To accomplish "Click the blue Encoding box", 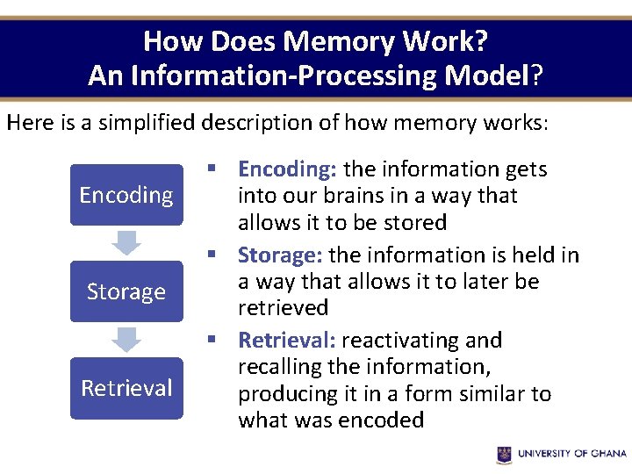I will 126,195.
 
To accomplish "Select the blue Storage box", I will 126,291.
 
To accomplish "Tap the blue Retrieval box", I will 126,388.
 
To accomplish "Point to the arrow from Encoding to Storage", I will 127,243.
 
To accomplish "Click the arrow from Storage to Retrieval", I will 127,340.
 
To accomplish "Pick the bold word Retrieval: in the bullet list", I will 287,341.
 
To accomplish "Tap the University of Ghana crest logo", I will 504,454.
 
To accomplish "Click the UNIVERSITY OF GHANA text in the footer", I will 572,454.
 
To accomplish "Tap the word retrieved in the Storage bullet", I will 284,308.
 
